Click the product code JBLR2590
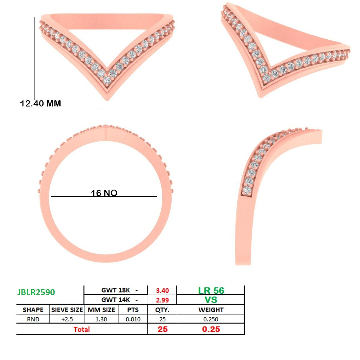36,292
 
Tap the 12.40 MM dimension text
40,103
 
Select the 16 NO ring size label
104,193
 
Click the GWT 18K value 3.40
162,290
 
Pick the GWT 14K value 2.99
162,300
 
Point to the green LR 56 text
211,290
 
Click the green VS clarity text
211,300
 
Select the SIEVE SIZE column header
67,310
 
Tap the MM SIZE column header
101,310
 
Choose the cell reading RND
33,319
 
